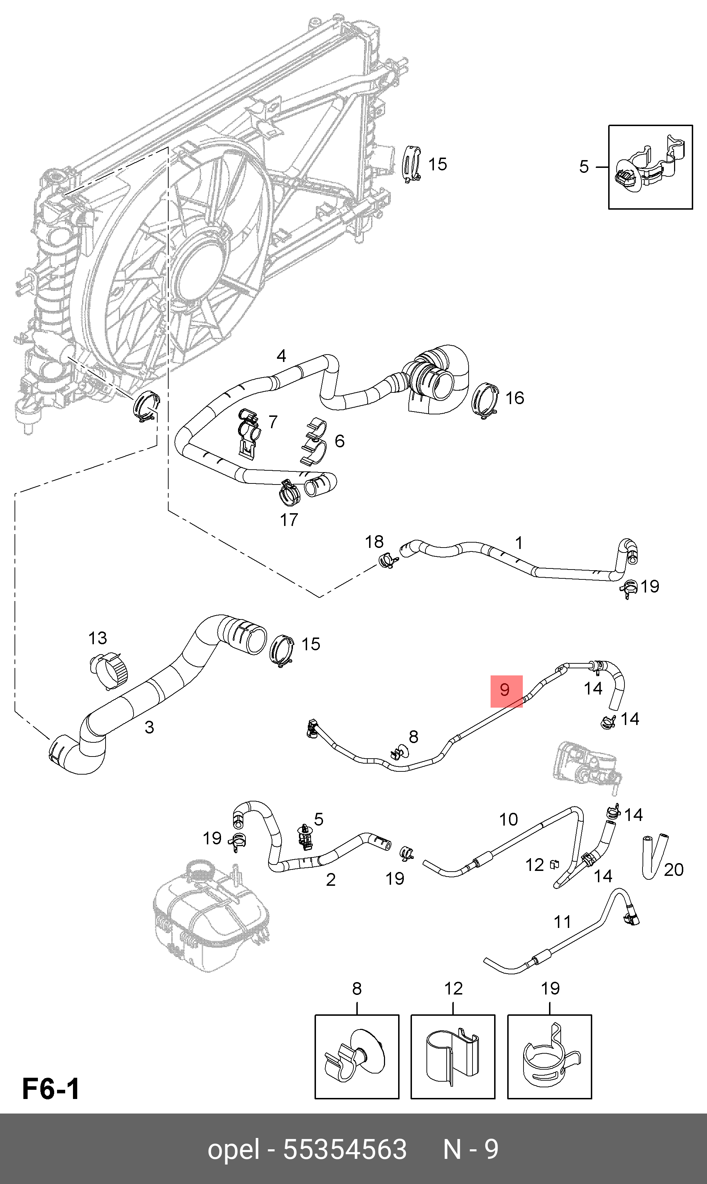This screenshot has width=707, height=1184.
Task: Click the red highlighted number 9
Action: (506, 690)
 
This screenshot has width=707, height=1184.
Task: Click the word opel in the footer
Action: (233, 1149)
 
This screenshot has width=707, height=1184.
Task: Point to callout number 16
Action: (515, 398)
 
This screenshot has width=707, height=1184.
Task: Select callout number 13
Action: (98, 638)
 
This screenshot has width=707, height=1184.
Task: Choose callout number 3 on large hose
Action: (149, 727)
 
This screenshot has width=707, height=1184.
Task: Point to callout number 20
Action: (674, 869)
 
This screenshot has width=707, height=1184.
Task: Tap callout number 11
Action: (562, 922)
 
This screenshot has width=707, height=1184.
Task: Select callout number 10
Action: (508, 819)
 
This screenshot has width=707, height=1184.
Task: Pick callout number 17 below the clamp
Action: (289, 520)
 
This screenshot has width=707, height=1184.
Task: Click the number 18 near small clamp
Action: (374, 542)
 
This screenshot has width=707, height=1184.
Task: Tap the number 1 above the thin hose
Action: (519, 543)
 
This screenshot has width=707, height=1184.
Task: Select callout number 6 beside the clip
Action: (339, 441)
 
